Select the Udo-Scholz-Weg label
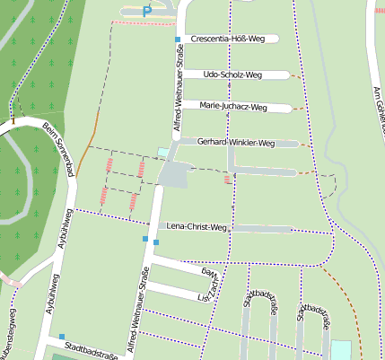[x=232, y=75]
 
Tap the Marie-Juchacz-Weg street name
[x=233, y=108]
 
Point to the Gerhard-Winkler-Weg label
[x=235, y=143]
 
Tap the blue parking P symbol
[x=146, y=12]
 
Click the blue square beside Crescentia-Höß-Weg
[x=178, y=40]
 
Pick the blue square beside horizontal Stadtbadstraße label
[x=62, y=337]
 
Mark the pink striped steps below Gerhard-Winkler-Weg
[x=227, y=179]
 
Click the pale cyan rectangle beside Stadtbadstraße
[x=341, y=351]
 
